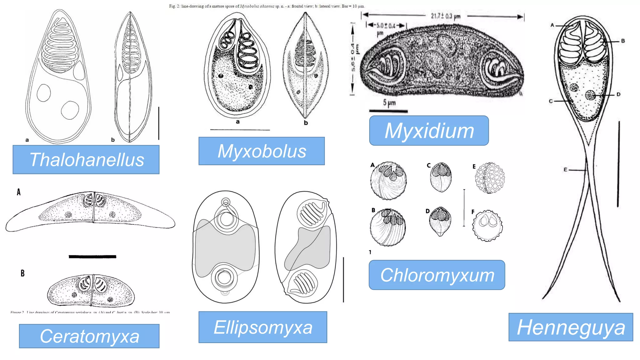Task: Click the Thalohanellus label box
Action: [86, 159]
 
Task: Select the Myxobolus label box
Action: [262, 151]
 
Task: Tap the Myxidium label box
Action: [429, 130]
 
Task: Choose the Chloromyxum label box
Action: [437, 275]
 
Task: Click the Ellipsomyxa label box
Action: [262, 327]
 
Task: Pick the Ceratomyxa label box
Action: [89, 336]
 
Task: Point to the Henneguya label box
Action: [571, 327]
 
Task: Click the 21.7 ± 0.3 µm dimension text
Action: [446, 16]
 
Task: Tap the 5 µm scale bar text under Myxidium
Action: [389, 102]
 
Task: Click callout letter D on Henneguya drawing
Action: [618, 94]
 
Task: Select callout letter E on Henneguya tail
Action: [565, 170]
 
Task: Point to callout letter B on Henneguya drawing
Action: [622, 41]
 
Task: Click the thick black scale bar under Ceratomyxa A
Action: [92, 257]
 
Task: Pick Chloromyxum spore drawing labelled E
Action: [490, 178]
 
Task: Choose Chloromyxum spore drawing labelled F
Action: [487, 225]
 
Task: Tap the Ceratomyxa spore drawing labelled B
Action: [91, 291]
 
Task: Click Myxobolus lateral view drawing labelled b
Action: [305, 66]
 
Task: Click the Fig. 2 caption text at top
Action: [267, 6]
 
